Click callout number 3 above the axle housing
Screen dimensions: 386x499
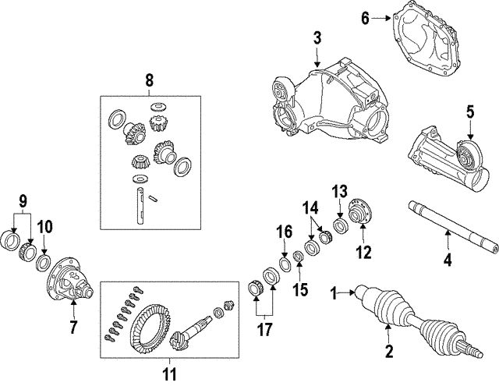pos(317,37)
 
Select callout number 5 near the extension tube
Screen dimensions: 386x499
pos(470,112)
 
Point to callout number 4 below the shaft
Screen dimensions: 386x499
pos(448,260)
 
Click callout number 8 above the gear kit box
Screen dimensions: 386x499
pos(150,79)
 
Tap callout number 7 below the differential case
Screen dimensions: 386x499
pos(73,328)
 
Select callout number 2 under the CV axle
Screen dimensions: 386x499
pos(388,351)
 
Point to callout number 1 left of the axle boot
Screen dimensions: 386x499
pos(336,294)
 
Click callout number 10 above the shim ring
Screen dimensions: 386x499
pos(46,227)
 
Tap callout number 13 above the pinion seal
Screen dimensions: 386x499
pos(340,192)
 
